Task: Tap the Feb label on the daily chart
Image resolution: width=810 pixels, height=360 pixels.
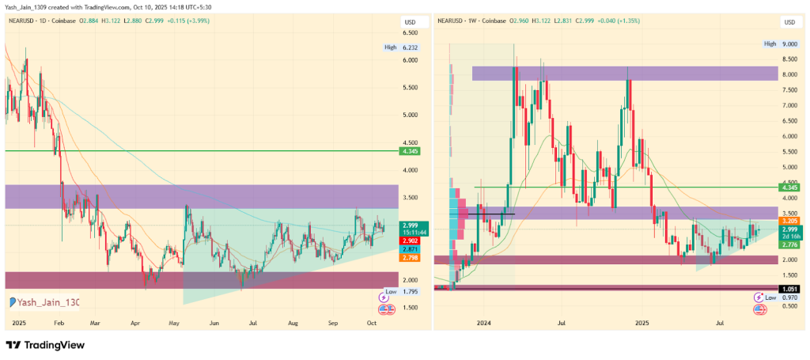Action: [x=59, y=324]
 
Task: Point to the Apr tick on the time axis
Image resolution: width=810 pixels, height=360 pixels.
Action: [x=134, y=324]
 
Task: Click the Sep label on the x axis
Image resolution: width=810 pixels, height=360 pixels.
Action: [x=333, y=324]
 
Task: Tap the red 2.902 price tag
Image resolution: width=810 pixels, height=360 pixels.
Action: [x=411, y=240]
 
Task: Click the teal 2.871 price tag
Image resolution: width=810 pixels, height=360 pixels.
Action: [x=411, y=249]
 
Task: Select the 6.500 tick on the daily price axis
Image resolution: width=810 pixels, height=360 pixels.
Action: [x=411, y=32]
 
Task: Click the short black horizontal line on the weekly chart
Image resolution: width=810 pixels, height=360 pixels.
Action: [x=491, y=214]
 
